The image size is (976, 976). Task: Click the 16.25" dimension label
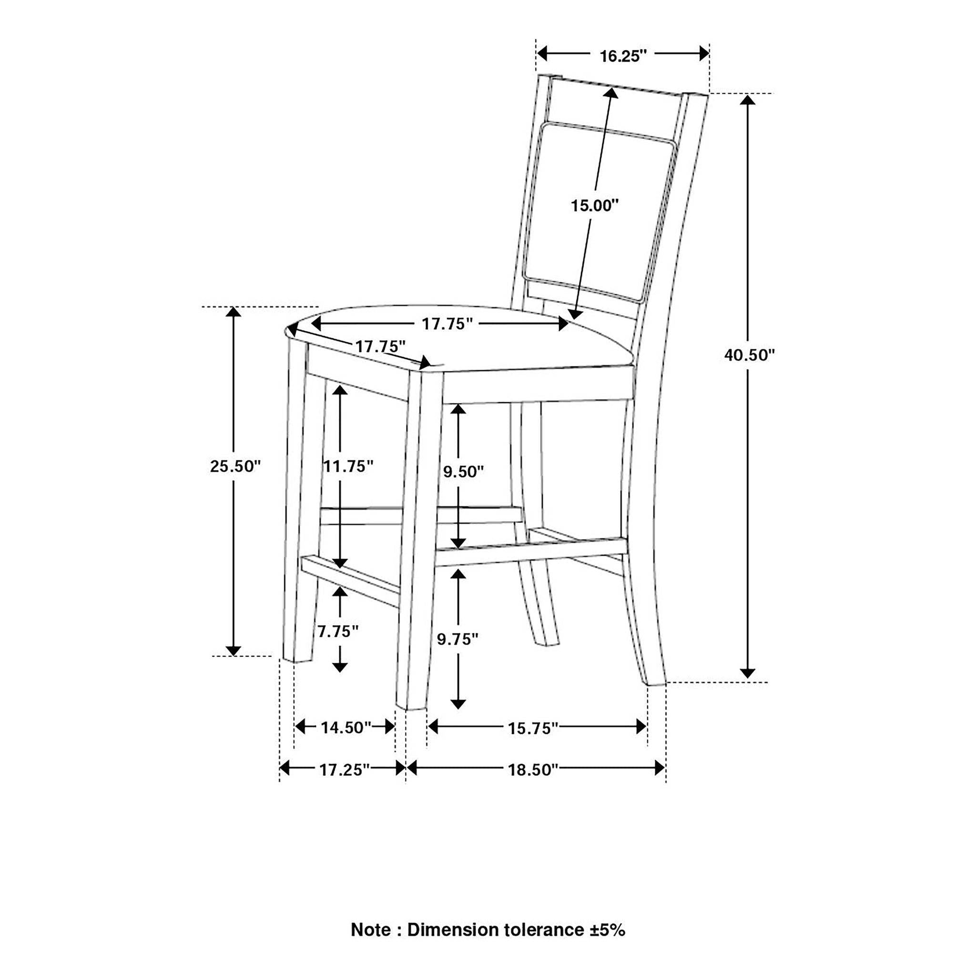coord(623,56)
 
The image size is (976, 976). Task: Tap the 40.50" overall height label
coord(749,355)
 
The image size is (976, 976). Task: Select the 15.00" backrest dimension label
coord(595,205)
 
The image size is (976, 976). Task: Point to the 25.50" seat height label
coord(235,466)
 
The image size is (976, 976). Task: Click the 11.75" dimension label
coord(348,466)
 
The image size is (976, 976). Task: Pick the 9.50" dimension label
coord(463,472)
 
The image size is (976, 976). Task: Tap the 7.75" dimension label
coord(338,631)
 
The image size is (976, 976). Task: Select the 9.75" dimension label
coord(457,639)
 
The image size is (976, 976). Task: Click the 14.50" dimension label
coord(346,727)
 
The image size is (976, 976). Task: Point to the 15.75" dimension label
coord(533,728)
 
